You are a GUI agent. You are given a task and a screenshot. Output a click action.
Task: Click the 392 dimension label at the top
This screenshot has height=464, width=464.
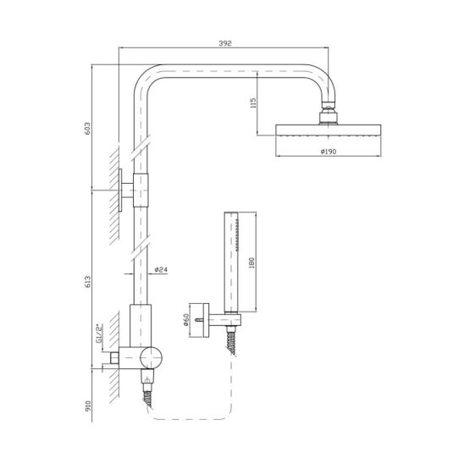pyautogui.click(x=225, y=43)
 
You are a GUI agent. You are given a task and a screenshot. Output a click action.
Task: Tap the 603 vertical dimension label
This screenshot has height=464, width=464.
pyautogui.click(x=88, y=129)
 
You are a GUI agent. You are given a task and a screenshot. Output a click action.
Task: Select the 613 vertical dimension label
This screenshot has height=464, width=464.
pyautogui.click(x=88, y=282)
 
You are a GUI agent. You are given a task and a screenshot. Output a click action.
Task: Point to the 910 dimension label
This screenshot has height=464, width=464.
pyautogui.click(x=88, y=406)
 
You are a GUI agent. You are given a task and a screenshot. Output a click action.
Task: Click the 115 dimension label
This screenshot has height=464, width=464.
pyautogui.click(x=253, y=102)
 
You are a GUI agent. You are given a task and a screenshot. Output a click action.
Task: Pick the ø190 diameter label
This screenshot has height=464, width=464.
pyautogui.click(x=329, y=152)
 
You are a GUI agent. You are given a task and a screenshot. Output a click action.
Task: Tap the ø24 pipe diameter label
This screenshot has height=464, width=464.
pyautogui.click(x=161, y=269)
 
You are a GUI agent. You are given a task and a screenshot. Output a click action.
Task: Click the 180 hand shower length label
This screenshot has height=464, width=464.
pyautogui.click(x=251, y=262)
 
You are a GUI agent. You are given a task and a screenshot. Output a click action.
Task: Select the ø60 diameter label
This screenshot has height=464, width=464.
pyautogui.click(x=186, y=319)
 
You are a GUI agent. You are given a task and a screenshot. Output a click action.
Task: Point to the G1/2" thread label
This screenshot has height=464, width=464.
pyautogui.click(x=99, y=334)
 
